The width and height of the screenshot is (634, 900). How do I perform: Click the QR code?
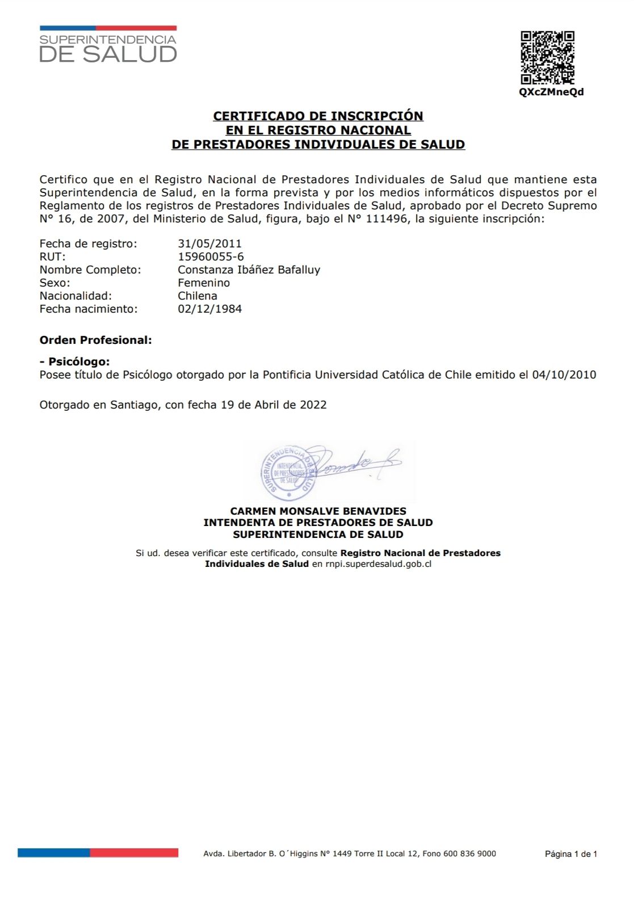(548, 57)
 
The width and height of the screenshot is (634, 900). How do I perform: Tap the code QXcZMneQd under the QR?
(551, 92)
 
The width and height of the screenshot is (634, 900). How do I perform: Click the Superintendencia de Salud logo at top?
(108, 45)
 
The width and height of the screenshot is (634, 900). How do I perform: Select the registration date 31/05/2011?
(209, 243)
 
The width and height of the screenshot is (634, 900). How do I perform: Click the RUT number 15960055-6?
(211, 256)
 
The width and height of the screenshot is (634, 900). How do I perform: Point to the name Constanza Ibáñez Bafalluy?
(249, 270)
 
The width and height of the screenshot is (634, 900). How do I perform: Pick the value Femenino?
(204, 283)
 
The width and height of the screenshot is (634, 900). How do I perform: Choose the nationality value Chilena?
(198, 296)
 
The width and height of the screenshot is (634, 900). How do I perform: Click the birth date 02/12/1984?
(209, 309)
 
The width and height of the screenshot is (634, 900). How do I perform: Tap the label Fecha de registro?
(88, 243)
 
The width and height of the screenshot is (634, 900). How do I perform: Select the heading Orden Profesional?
(95, 340)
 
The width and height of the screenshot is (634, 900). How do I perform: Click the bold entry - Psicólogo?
(74, 361)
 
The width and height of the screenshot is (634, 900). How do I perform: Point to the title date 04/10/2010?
(564, 375)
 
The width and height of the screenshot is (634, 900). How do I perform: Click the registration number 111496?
(387, 218)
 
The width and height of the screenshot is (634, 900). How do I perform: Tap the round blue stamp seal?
(288, 472)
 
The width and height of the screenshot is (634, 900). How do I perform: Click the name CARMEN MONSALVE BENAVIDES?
(318, 511)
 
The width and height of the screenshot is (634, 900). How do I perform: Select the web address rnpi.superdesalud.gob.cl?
(379, 564)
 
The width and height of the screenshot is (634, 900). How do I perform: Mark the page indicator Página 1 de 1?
(570, 853)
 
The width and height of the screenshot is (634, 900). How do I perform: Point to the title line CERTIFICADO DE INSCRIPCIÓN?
(318, 116)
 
